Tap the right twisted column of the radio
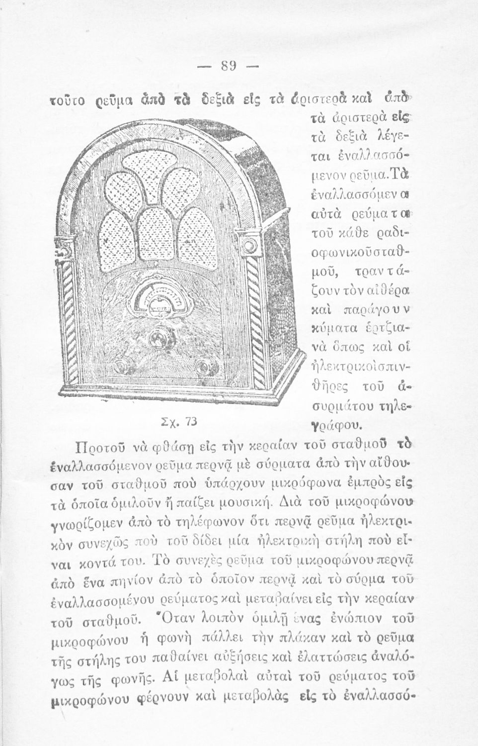pyautogui.click(x=254, y=318)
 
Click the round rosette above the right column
pyautogui.click(x=246, y=244)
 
